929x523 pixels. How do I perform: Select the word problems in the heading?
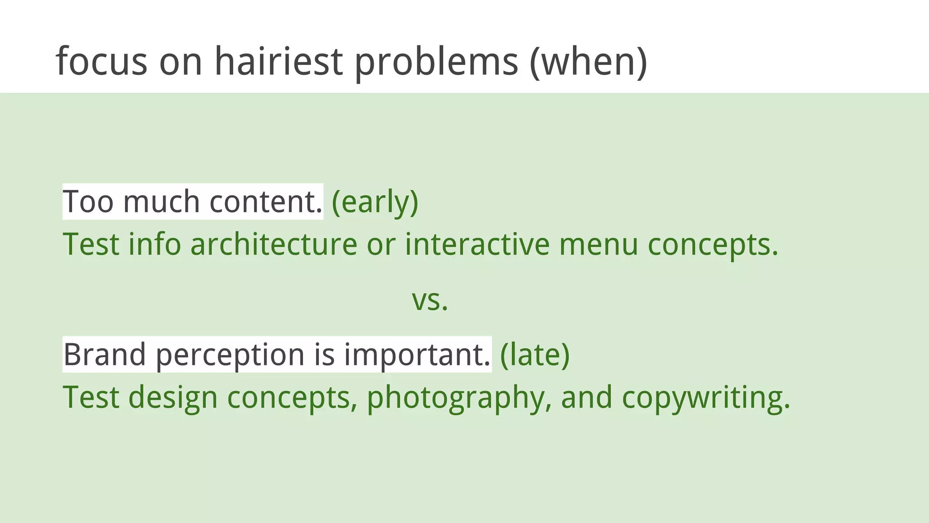coord(436,62)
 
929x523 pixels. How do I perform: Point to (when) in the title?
coord(588,62)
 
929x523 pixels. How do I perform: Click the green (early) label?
coord(375,202)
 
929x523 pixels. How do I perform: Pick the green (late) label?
coord(534,355)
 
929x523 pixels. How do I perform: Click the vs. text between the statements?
coord(430,301)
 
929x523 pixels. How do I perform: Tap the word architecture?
coord(274,244)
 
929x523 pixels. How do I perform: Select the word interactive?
coord(477,244)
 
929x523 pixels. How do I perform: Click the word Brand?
coord(104,355)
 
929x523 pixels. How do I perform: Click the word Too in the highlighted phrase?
coord(88,202)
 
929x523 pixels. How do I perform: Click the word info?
coord(155,244)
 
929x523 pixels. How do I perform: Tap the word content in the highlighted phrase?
coord(265,202)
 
